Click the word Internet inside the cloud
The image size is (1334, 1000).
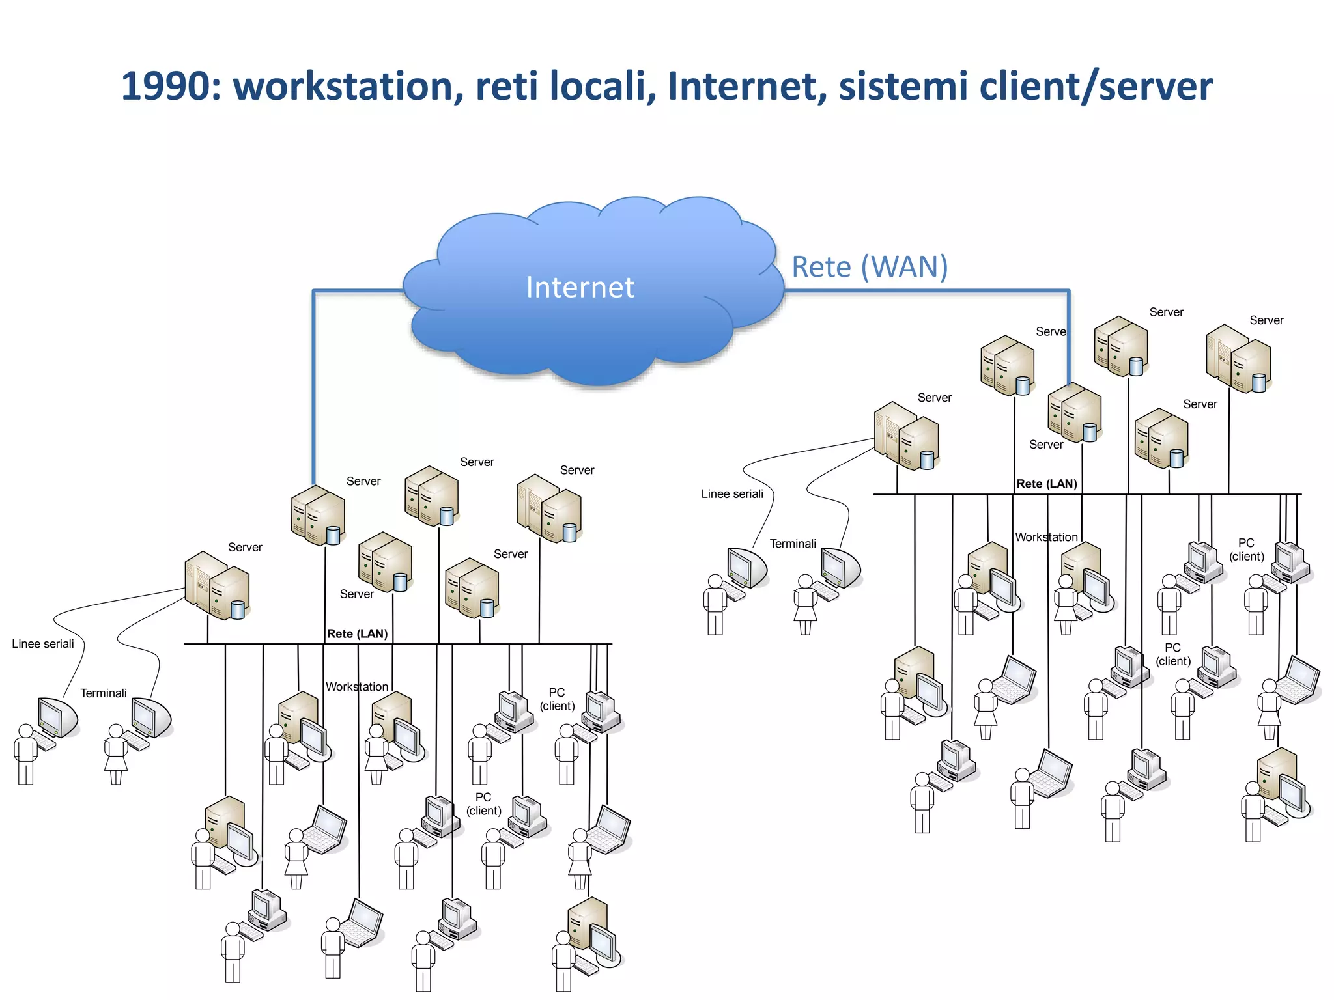point(580,287)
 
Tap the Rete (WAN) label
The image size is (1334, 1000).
point(870,267)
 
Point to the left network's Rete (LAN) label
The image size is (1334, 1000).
point(357,633)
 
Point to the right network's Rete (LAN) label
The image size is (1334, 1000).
point(1046,484)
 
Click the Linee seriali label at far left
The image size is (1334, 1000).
point(43,644)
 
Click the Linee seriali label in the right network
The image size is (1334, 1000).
point(732,494)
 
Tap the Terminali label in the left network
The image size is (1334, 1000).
point(104,693)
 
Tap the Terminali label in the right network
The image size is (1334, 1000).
point(793,544)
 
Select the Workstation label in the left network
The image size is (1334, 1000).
point(357,687)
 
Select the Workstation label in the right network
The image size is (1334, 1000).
point(1046,537)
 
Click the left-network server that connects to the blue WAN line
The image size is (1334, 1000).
point(318,516)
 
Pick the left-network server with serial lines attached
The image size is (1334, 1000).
point(217,585)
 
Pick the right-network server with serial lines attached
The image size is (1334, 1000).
point(906,436)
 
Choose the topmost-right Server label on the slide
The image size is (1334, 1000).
point(1266,320)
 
